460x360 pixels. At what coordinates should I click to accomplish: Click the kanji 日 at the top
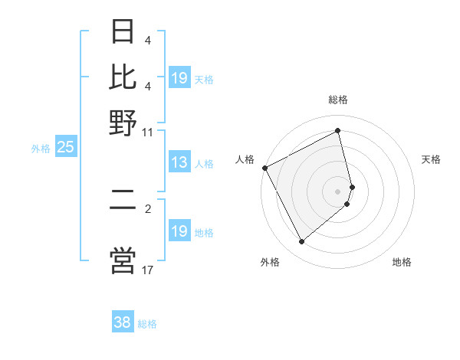[123, 32]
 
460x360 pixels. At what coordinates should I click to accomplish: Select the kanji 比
[123, 76]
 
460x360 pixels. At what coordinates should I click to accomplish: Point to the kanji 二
[123, 208]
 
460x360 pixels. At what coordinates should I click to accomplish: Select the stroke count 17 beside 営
[148, 270]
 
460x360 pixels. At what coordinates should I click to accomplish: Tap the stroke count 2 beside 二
[148, 208]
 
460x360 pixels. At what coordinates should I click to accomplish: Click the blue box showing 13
[179, 162]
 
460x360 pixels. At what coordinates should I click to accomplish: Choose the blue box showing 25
[65, 148]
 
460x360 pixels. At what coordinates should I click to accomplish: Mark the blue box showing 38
[122, 322]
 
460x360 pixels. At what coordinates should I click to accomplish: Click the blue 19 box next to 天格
[179, 78]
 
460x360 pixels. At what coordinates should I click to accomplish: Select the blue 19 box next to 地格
[179, 231]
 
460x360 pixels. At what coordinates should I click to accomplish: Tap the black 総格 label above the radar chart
[338, 100]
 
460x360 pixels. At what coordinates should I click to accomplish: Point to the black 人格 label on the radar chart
[245, 159]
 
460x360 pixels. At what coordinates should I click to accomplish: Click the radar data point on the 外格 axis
[301, 242]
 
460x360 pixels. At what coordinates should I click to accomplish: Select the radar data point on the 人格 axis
[264, 168]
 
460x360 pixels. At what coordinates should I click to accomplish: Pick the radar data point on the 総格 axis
[338, 131]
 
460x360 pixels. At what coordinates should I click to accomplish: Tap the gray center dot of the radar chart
[338, 191]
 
